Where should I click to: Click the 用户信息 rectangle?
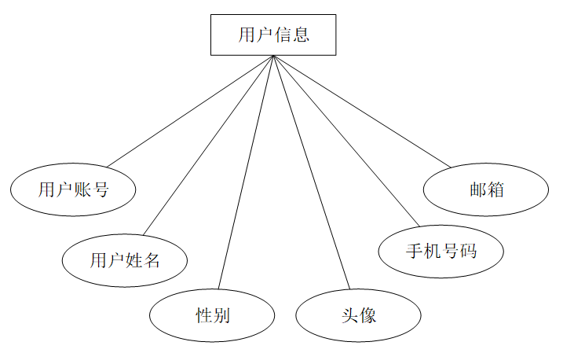tap(272, 35)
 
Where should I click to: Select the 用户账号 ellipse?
tap(73, 189)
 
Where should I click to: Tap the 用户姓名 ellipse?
tap(124, 259)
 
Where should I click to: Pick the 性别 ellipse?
tap(212, 316)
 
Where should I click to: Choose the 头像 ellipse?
tap(358, 316)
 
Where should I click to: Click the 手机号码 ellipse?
tap(441, 252)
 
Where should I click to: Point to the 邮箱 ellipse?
tap(485, 189)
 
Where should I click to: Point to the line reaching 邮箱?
tap(362, 111)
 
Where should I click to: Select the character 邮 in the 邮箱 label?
tap(477, 189)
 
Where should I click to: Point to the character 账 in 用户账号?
tap(82, 189)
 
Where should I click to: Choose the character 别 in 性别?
tap(221, 316)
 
